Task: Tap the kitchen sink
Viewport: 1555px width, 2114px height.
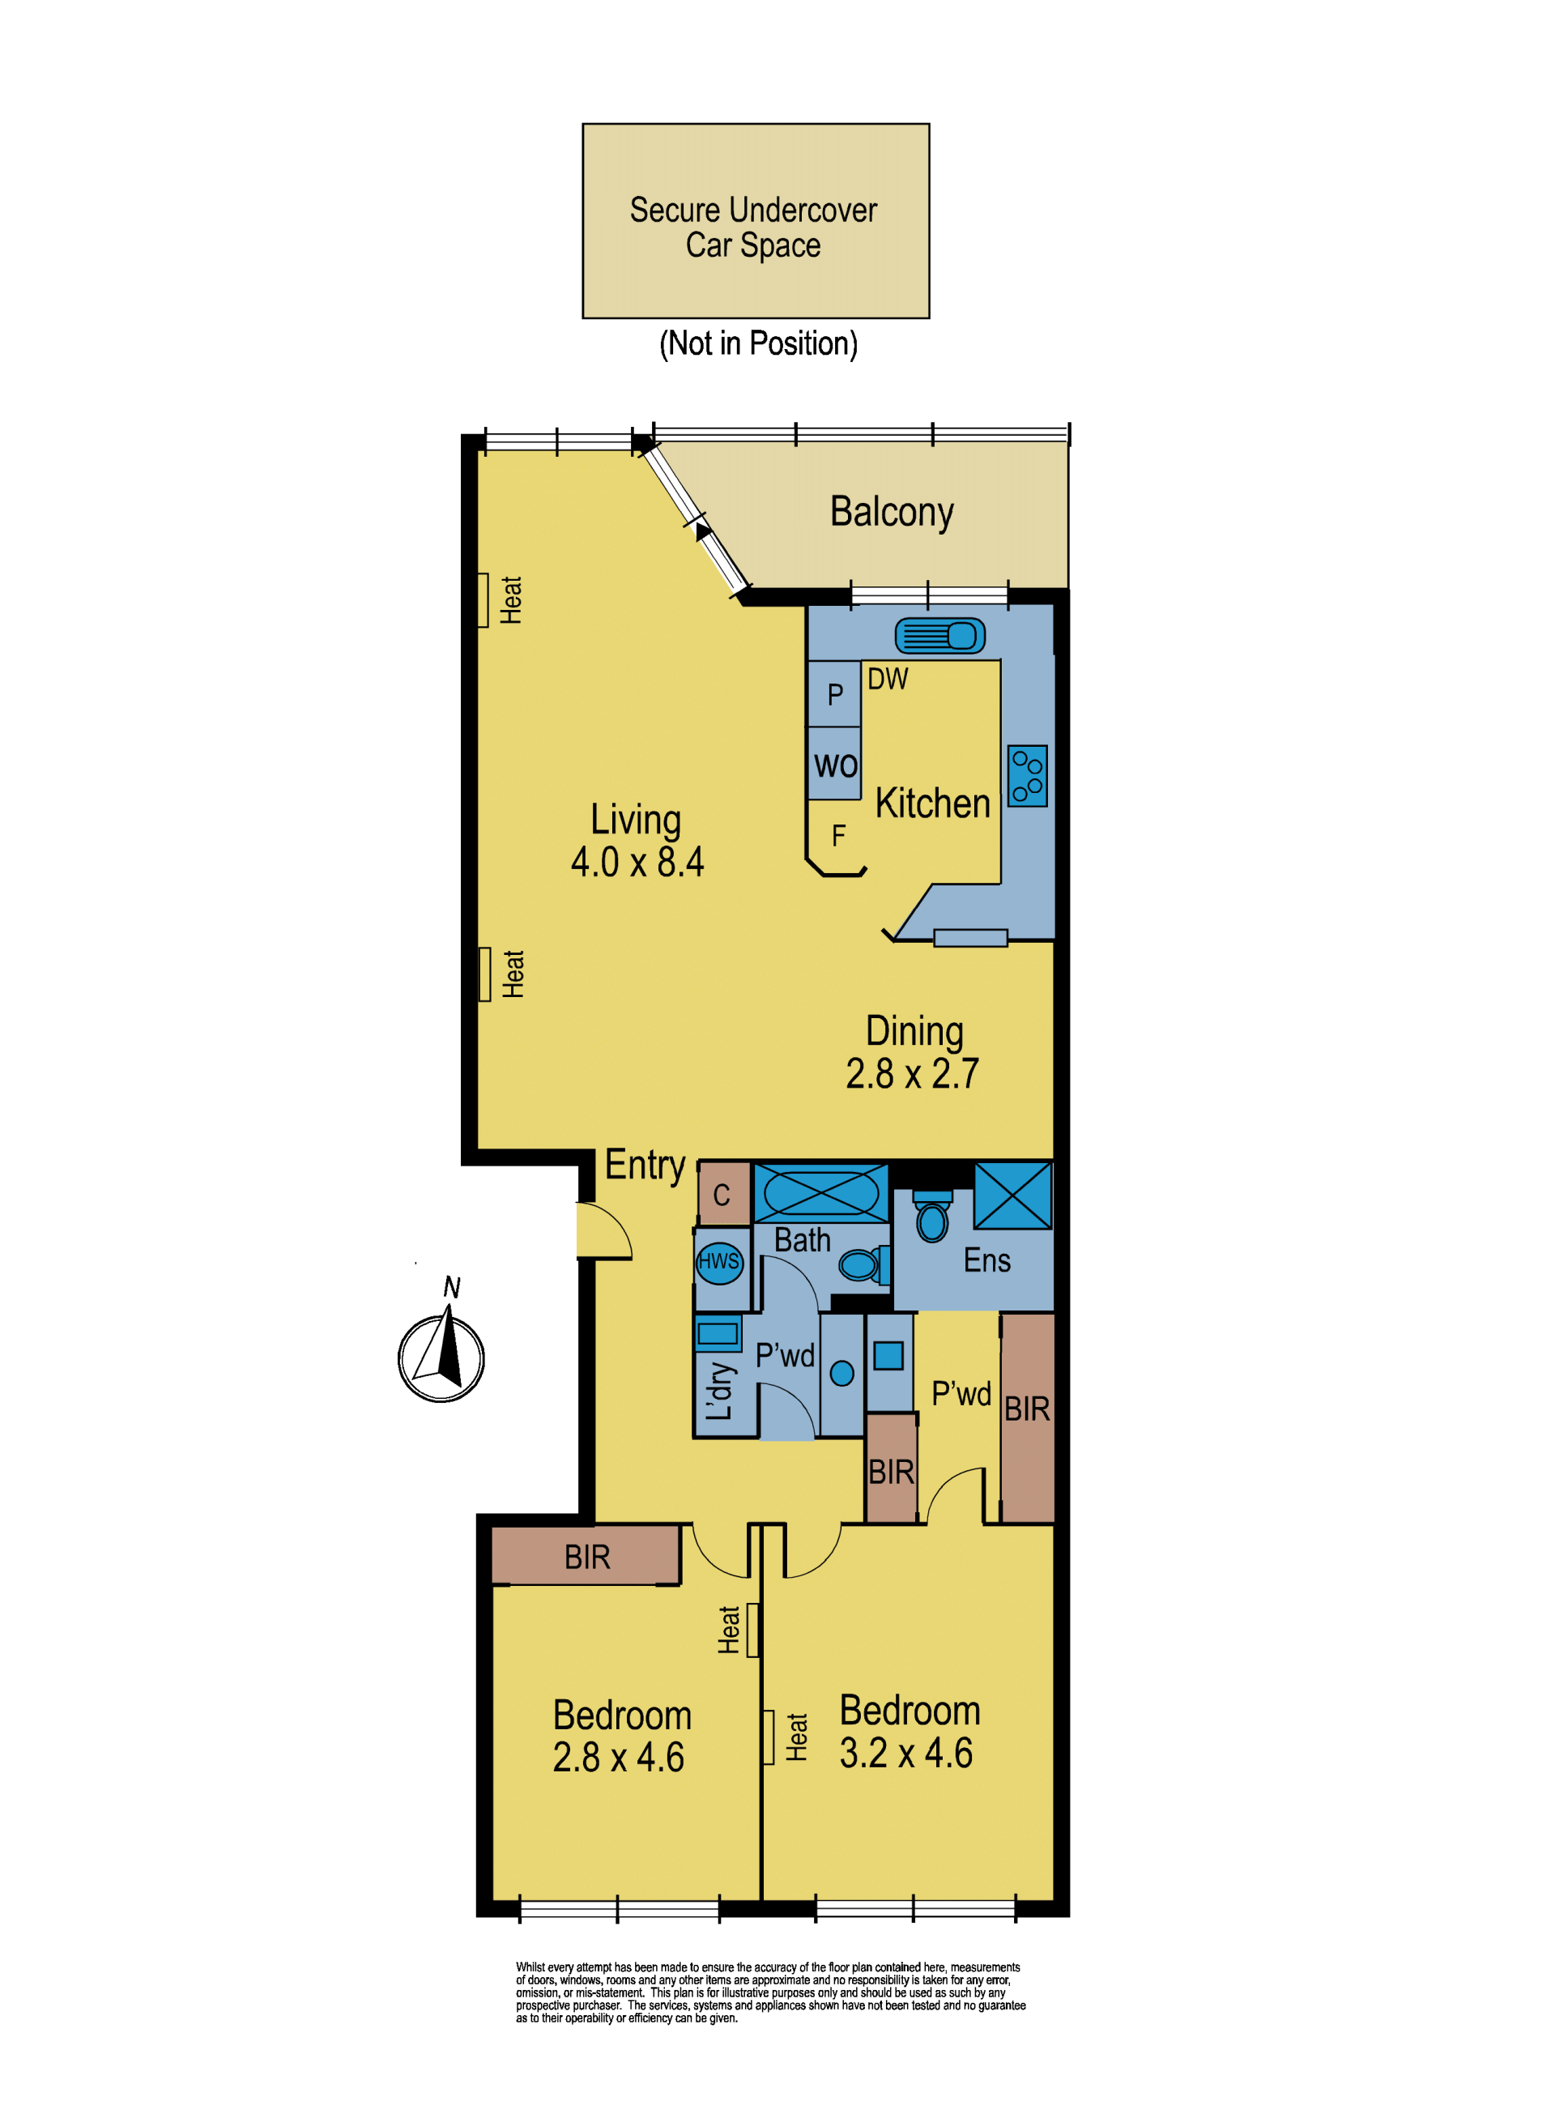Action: [939, 637]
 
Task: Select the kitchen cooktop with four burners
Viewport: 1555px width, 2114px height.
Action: [1027, 776]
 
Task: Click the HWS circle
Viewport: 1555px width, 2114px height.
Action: [719, 1262]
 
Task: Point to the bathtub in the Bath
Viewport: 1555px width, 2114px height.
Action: [820, 1193]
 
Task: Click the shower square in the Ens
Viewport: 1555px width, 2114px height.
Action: [1013, 1196]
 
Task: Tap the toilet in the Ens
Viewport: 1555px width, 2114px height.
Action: [932, 1216]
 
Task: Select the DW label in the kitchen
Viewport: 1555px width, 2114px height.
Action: [888, 679]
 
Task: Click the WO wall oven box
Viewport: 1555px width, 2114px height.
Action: [835, 763]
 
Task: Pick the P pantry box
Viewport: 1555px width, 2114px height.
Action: [835, 693]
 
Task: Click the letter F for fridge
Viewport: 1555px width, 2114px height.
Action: [839, 836]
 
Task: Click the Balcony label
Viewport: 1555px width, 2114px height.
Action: [892, 512]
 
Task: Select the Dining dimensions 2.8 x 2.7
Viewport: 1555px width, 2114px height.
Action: [912, 1074]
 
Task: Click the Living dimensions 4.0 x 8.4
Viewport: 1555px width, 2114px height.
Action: [637, 862]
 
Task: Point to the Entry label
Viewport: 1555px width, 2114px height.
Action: [645, 1166]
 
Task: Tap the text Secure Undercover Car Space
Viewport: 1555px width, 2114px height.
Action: [753, 227]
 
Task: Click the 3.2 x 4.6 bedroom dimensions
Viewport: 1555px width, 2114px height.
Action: [906, 1754]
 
